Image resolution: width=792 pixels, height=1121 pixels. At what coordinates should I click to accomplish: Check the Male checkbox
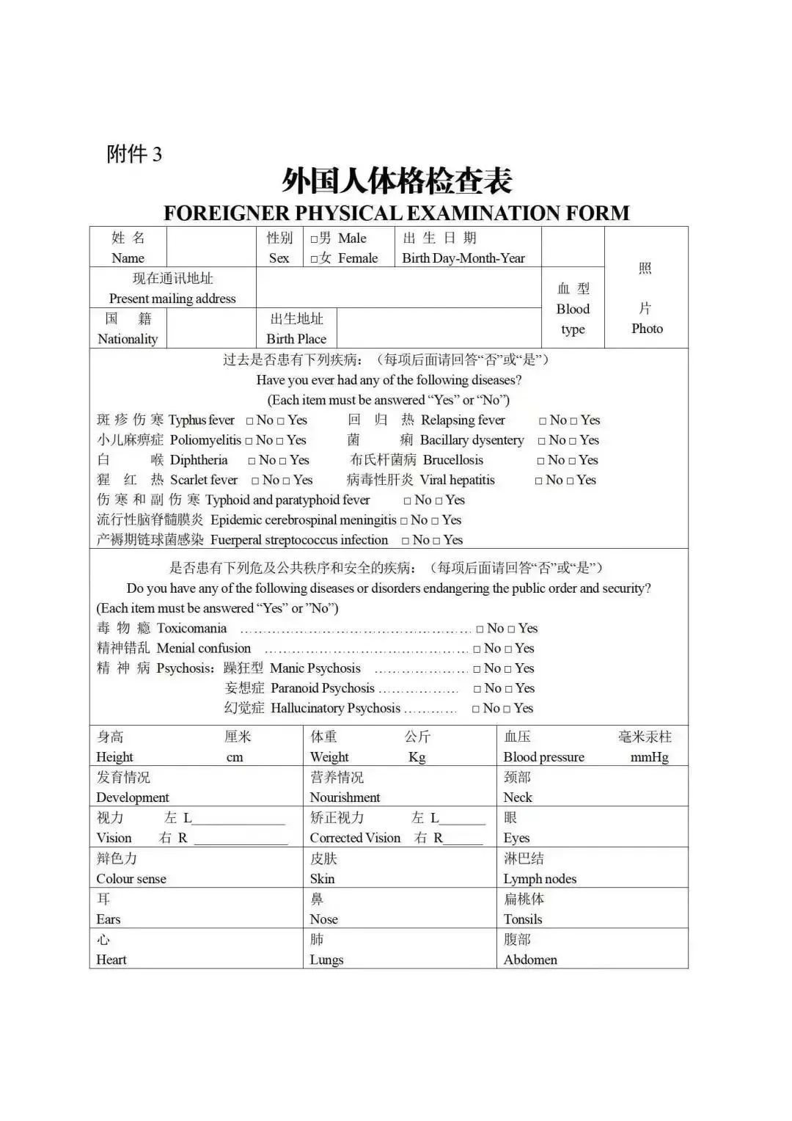315,239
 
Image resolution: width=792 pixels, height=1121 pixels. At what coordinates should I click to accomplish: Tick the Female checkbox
315,259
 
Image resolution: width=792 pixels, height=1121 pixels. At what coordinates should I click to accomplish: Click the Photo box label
646,329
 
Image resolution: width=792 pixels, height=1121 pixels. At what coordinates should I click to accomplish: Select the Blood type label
573,319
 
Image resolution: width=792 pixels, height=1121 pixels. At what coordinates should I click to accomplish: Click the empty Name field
210,247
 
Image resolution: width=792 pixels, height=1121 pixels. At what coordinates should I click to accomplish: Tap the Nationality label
128,339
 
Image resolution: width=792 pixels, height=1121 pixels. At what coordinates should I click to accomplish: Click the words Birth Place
296,339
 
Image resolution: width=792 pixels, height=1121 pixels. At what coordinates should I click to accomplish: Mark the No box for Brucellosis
541,461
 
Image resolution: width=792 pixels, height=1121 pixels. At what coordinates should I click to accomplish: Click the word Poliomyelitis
205,440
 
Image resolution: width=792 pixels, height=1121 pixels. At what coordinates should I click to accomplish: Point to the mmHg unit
649,757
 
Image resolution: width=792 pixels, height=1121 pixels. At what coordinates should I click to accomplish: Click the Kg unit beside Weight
417,757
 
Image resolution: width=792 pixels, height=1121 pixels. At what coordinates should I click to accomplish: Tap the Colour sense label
131,879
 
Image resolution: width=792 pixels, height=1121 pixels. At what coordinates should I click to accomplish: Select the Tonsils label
523,919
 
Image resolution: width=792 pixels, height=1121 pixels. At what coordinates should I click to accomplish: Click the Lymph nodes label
540,879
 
